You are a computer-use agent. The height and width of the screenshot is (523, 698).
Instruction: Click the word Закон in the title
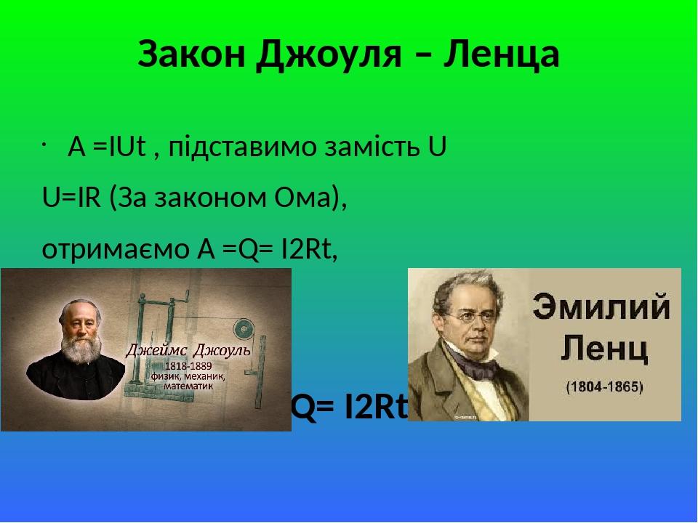pyautogui.click(x=191, y=54)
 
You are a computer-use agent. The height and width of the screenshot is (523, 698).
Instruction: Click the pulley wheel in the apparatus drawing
pyautogui.click(x=243, y=328)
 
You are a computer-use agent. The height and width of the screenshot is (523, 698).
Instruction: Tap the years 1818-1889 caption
pyautogui.click(x=188, y=366)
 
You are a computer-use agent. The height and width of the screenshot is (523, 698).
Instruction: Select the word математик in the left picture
pyautogui.click(x=188, y=386)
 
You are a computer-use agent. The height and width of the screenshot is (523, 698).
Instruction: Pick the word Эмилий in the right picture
pyautogui.click(x=601, y=307)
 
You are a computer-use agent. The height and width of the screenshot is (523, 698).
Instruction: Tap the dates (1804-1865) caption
pyautogui.click(x=604, y=386)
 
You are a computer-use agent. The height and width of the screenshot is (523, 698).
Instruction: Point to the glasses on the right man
pyautogui.click(x=473, y=317)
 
